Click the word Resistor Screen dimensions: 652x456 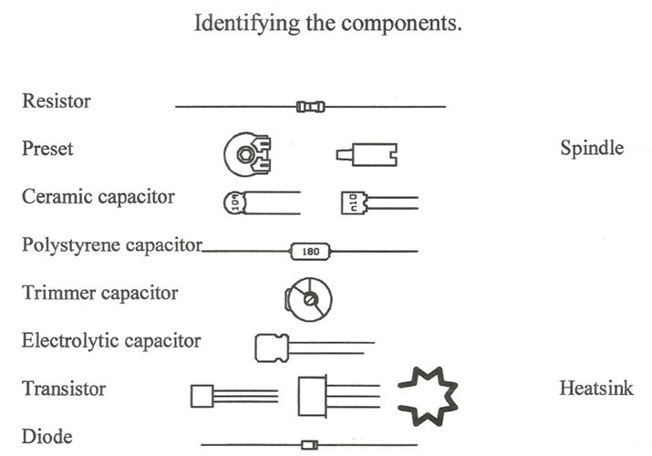click(57, 101)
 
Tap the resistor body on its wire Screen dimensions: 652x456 click(311, 107)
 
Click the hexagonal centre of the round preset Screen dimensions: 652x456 click(244, 155)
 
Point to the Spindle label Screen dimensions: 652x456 click(592, 149)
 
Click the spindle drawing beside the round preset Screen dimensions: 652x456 click(367, 155)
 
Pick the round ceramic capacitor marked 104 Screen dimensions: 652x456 click(235, 202)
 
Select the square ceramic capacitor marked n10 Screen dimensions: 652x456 click(354, 202)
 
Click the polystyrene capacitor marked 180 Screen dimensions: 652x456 click(311, 252)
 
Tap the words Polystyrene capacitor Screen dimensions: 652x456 click(112, 245)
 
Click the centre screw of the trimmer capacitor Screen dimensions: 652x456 click(310, 299)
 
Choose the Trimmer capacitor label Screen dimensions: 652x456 click(99, 293)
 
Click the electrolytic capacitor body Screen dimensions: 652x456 click(272, 347)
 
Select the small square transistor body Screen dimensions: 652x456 click(202, 396)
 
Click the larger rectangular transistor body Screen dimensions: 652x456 click(312, 396)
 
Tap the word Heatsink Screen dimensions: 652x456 click(596, 389)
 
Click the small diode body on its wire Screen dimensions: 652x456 click(309, 445)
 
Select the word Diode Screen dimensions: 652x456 click(47, 437)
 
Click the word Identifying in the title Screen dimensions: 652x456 click(247, 24)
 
